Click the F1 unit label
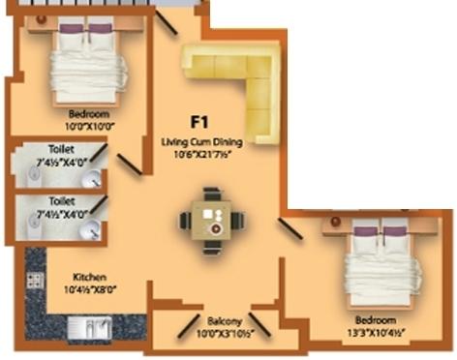[x=199, y=123]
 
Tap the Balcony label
[x=222, y=322]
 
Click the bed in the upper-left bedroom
[x=88, y=62]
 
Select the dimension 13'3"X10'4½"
[x=376, y=331]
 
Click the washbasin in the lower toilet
[x=91, y=230]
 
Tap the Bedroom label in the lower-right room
[x=376, y=320]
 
